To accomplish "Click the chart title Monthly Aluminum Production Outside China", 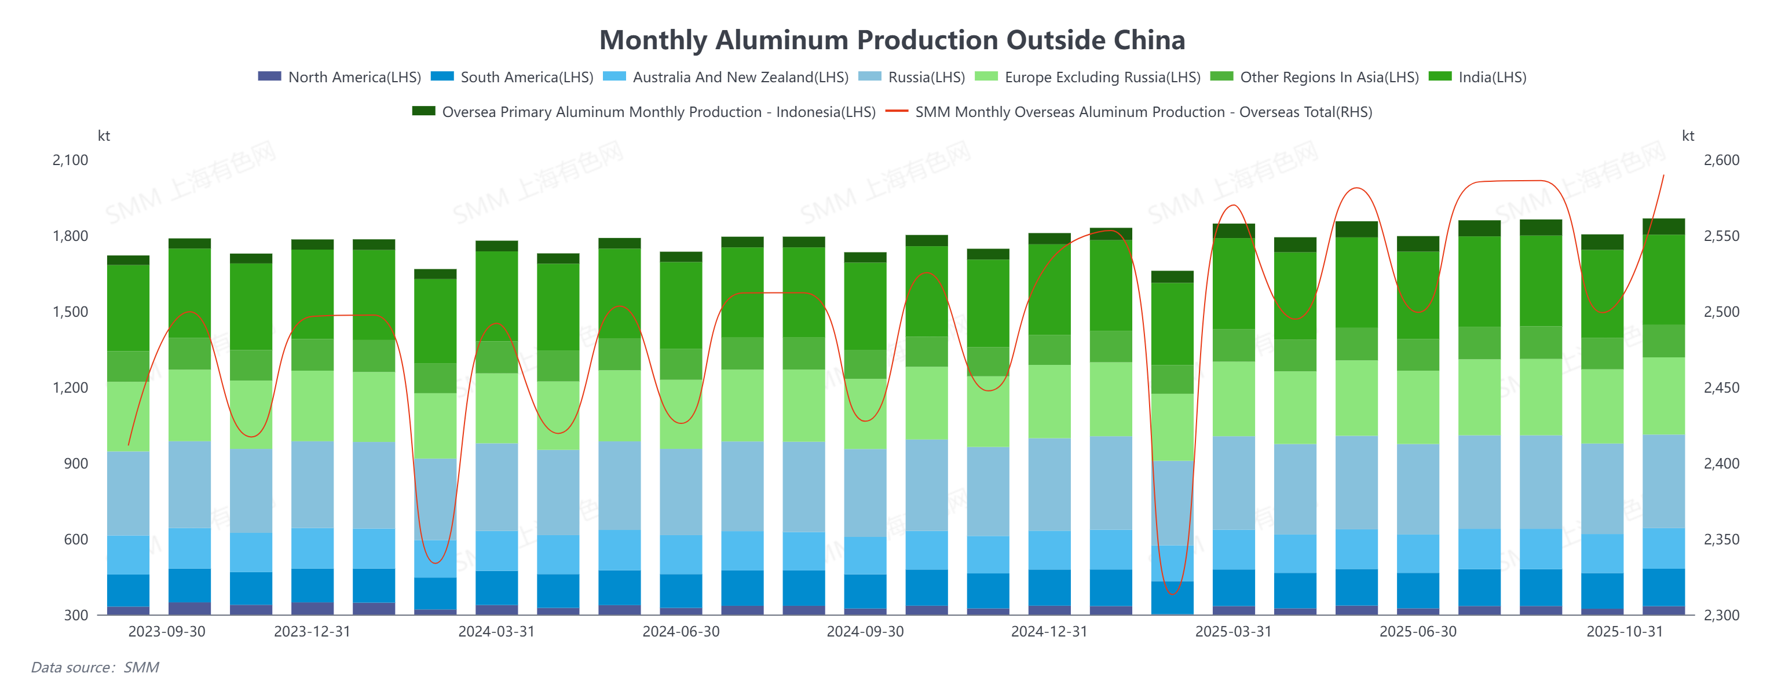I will click(x=892, y=40).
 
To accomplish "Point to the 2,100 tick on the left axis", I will click(x=71, y=160).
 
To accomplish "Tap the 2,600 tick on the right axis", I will click(x=1721, y=160).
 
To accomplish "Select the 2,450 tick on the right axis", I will click(x=1721, y=388).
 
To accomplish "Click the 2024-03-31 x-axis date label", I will click(x=496, y=632).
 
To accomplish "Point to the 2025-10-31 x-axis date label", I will click(x=1624, y=632).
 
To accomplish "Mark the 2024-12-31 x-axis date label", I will click(x=1049, y=632).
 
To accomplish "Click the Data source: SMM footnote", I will click(x=95, y=667).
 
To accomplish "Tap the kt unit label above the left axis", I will click(x=104, y=136).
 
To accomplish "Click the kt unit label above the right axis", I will click(x=1688, y=136).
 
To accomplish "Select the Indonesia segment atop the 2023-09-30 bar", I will click(x=189, y=243).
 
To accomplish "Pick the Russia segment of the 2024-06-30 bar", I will click(x=681, y=491).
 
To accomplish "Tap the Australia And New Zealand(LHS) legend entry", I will click(x=740, y=77).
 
